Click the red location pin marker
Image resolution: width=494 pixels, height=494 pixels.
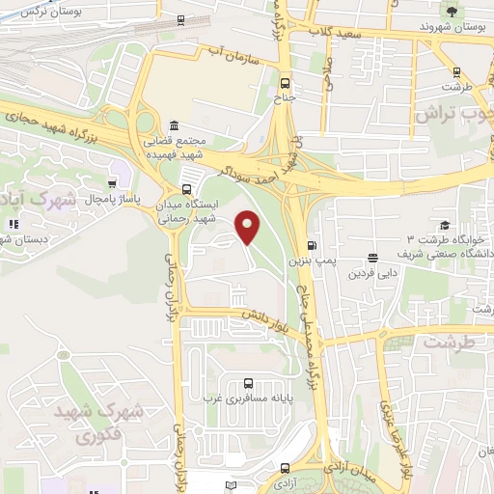pos(249,227)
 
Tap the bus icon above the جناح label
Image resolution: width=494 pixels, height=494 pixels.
pos(285,83)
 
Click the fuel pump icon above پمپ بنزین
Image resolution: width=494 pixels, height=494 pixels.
pos(311,244)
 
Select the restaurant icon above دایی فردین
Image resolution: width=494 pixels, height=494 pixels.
pos(372,258)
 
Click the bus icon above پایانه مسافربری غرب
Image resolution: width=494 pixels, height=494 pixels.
pos(250,382)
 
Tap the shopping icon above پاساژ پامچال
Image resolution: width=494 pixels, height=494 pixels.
pos(115,182)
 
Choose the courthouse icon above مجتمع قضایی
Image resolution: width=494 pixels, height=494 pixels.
pos(174,126)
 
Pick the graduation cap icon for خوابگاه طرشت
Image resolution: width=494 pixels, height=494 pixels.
pos(443,224)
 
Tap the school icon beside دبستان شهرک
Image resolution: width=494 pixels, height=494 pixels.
pos(13,224)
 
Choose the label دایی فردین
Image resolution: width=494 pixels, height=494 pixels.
pos(373,273)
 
